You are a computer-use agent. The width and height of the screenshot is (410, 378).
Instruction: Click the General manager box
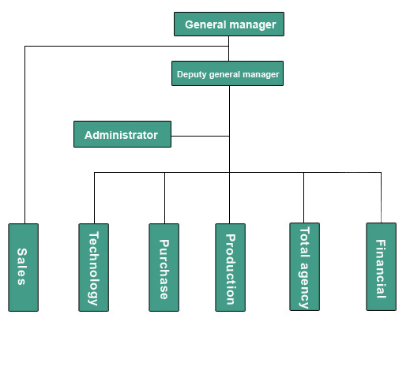point(229,24)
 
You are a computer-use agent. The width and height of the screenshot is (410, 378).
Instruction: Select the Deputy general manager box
point(228,73)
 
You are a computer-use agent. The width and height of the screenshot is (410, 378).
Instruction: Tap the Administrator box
point(122,134)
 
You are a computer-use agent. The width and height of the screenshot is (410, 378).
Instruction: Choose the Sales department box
point(24,268)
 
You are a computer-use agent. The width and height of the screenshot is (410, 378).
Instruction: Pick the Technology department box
point(94,268)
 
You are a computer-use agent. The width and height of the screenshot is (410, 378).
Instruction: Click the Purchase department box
point(164,268)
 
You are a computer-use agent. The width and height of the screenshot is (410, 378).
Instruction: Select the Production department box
point(231,268)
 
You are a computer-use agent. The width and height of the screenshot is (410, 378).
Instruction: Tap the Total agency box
point(305,267)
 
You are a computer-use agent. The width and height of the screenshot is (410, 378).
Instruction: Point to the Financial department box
point(382,267)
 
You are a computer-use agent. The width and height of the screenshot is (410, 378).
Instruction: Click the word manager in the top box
point(254,24)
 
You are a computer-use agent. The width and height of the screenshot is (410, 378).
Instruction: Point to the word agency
point(304,285)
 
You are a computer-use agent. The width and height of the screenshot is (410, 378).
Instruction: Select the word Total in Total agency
point(305,242)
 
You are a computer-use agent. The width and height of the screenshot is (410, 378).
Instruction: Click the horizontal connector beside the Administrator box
point(200,136)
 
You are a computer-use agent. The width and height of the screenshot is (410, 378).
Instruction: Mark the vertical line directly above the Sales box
point(25,135)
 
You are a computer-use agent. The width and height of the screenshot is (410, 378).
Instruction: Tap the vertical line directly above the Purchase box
point(165,198)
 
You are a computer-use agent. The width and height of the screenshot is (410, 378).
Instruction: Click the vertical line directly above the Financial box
point(381,198)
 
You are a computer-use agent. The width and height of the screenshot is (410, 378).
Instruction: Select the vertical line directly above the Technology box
point(95,198)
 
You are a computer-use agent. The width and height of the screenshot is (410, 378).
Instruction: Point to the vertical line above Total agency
point(303,198)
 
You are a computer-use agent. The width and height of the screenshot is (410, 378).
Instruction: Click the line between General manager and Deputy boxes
point(228,49)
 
